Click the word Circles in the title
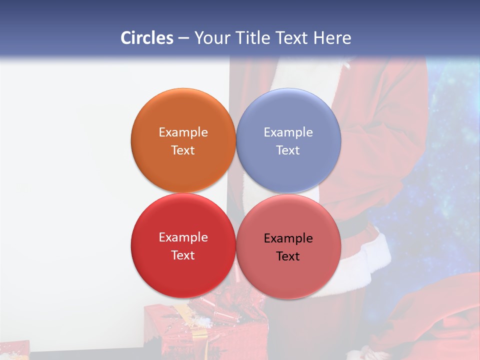click(x=147, y=38)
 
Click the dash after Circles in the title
click(x=183, y=38)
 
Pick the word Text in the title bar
click(x=293, y=38)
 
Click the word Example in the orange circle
click(x=183, y=132)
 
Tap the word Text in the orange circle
click(x=183, y=150)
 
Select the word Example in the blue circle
click(x=288, y=132)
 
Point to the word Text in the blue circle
click(x=288, y=150)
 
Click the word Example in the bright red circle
click(x=183, y=237)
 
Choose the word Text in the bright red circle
click(x=183, y=255)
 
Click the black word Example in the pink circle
click(x=288, y=238)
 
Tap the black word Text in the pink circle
click(x=288, y=256)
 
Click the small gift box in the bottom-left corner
click(x=14, y=350)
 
